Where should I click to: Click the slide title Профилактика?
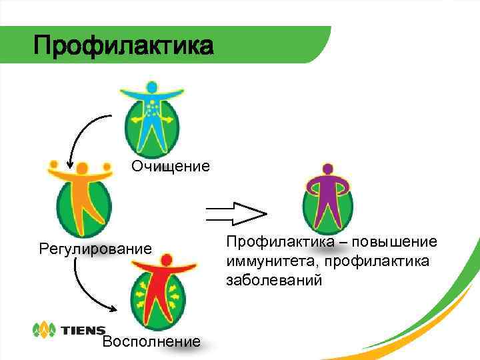point(124,47)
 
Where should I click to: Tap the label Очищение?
point(170,166)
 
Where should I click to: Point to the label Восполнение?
point(151,341)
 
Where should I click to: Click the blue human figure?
point(151,117)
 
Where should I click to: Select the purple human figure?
point(327,197)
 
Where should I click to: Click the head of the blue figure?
point(151,87)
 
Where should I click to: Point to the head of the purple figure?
point(327,168)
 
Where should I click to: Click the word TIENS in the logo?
point(83,330)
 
